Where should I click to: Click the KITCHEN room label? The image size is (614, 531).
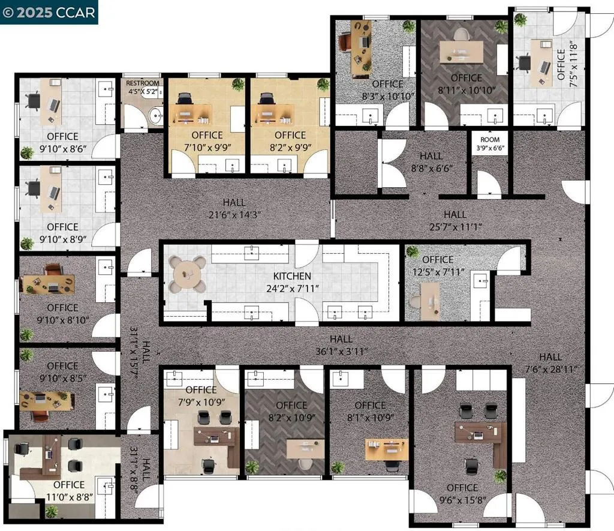[292, 276]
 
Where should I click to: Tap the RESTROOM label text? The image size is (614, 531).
[143, 83]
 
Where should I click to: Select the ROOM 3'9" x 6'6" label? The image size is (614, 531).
[490, 143]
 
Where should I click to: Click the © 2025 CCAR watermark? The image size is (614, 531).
[49, 12]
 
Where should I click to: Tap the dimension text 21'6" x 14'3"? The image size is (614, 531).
[234, 215]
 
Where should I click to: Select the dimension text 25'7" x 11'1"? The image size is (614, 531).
[456, 227]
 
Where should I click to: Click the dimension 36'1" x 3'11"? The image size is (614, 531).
[341, 352]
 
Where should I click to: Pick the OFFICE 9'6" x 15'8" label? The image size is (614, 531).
[462, 494]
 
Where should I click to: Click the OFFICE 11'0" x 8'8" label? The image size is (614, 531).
[70, 491]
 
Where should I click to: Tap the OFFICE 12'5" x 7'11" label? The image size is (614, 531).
[438, 265]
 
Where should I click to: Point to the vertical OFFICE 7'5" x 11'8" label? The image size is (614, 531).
[567, 64]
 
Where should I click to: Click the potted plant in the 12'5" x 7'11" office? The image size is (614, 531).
[412, 252]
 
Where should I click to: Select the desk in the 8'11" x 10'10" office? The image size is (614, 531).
[461, 52]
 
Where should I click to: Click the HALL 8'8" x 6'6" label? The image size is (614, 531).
[432, 162]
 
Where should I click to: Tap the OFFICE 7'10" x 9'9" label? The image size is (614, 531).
[207, 141]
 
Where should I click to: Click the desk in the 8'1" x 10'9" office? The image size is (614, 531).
[387, 449]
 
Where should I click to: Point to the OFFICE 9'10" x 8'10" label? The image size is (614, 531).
[62, 314]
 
